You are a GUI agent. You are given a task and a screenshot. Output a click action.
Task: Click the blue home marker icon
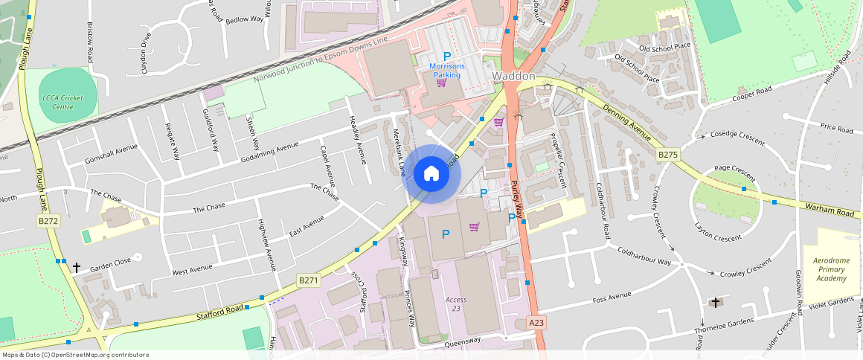point(431,174)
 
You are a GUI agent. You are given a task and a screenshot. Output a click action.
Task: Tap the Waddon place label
point(513,77)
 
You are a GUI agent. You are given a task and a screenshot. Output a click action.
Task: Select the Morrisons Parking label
point(447,71)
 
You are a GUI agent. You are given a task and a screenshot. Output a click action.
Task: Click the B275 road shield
point(668,155)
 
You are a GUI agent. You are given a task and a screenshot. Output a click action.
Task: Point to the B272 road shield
point(48,221)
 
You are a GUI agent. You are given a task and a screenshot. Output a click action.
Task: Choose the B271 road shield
point(308,280)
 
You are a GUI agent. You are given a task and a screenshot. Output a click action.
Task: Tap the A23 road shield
point(536,323)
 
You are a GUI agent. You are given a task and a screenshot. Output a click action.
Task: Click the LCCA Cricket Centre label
point(63,103)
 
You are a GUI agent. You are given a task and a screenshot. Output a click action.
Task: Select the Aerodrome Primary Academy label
point(830,269)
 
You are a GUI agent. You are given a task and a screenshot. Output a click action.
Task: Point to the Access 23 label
point(456,303)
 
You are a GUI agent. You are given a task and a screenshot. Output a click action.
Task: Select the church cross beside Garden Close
point(76,267)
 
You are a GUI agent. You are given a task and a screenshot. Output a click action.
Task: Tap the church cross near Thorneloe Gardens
point(716,303)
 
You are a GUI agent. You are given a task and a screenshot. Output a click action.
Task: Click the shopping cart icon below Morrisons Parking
point(441,83)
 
